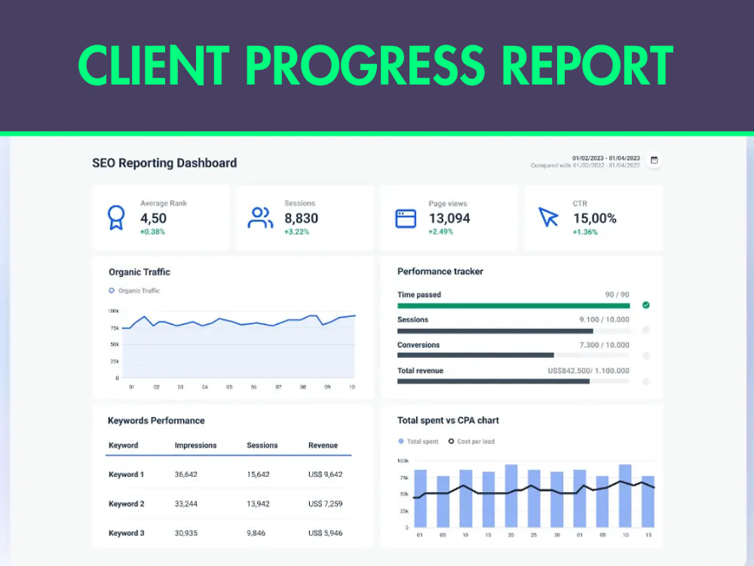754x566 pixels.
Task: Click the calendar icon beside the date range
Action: [x=654, y=160]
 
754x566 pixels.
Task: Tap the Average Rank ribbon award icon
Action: [x=116, y=217]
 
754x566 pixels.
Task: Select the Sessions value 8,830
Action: [x=301, y=219]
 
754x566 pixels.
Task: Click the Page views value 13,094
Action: [x=449, y=219]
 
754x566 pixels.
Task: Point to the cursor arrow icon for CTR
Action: [x=547, y=217]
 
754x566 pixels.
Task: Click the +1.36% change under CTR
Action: [x=585, y=232]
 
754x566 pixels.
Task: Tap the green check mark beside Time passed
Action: [x=646, y=305]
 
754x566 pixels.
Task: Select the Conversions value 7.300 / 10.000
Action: [x=604, y=345]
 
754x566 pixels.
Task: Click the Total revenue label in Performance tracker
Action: [x=420, y=371]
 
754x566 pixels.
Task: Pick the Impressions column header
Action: [x=195, y=445]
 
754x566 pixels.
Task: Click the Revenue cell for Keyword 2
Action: [x=325, y=504]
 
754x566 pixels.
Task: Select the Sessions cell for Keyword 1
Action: [x=258, y=475]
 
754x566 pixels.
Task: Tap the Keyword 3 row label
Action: [x=127, y=534]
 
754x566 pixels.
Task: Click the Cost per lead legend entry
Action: [x=471, y=441]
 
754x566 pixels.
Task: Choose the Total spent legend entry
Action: [x=418, y=441]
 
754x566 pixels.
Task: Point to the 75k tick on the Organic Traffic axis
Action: [x=115, y=328]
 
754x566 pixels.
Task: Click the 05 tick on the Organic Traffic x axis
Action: [x=229, y=387]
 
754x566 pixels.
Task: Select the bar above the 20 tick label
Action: [x=511, y=496]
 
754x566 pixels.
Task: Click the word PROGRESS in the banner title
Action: [x=366, y=65]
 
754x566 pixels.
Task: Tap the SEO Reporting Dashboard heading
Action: [x=164, y=163]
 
